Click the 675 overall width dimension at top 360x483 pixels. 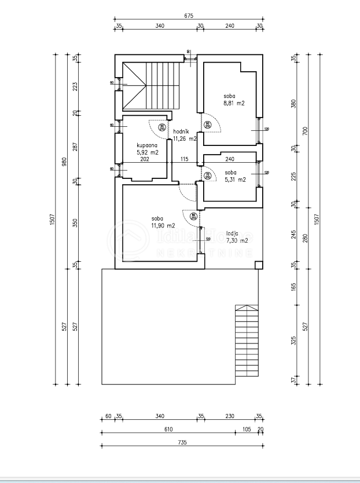[188, 16]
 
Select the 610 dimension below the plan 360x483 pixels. [168, 429]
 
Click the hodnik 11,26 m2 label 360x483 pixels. [185, 135]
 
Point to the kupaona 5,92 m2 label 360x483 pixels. [148, 149]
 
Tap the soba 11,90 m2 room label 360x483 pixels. [162, 222]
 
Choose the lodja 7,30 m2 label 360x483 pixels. [237, 236]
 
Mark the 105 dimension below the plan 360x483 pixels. [247, 429]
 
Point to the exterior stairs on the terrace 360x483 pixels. [245, 342]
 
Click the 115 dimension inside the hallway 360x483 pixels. [185, 159]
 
